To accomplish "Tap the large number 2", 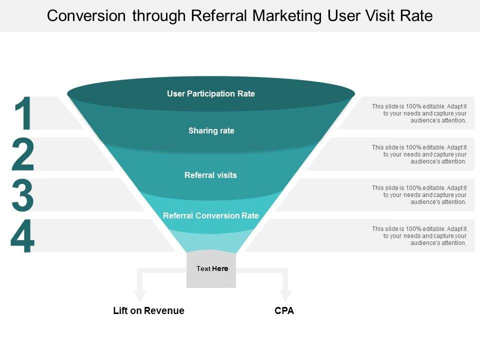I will [x=23, y=155].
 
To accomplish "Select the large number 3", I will [x=23, y=195].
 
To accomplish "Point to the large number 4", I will [x=23, y=236].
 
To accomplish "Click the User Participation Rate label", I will [x=211, y=94].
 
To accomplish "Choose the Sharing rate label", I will [x=211, y=131].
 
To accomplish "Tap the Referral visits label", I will [x=210, y=175].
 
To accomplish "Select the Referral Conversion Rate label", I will [x=211, y=216].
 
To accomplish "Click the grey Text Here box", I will [x=211, y=269].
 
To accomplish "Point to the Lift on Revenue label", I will [x=149, y=311].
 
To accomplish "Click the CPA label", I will [x=284, y=311].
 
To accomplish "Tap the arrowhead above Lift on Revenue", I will [x=140, y=296].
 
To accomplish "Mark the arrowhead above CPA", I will [x=285, y=296].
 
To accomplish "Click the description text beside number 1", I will [x=419, y=113].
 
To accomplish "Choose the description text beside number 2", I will [x=419, y=154].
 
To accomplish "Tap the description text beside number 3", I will [x=419, y=195].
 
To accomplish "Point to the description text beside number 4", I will [x=419, y=236].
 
